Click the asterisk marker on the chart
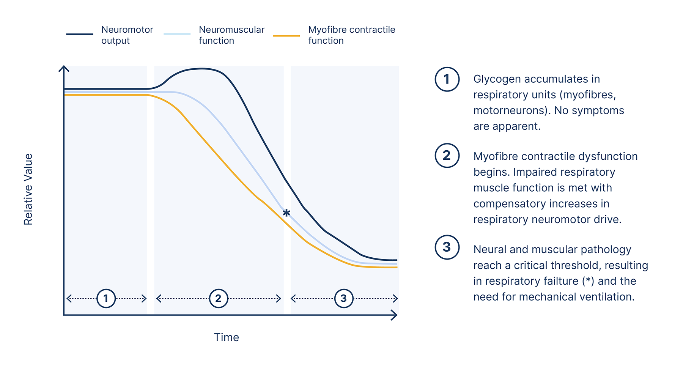pos(286,213)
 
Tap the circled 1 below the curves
pos(106,298)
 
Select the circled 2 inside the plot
pos(218,298)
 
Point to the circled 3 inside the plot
pos(343,298)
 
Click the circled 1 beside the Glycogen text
pos(447,79)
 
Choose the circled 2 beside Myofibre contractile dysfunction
pos(447,155)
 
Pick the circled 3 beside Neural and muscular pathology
pos(447,247)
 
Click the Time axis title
pos(227,337)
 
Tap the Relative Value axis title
pos(28,189)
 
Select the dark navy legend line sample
pos(80,34)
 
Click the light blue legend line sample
pos(177,34)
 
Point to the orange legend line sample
pos(286,36)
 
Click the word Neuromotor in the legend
pos(127,30)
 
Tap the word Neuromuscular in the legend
pos(231,30)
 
